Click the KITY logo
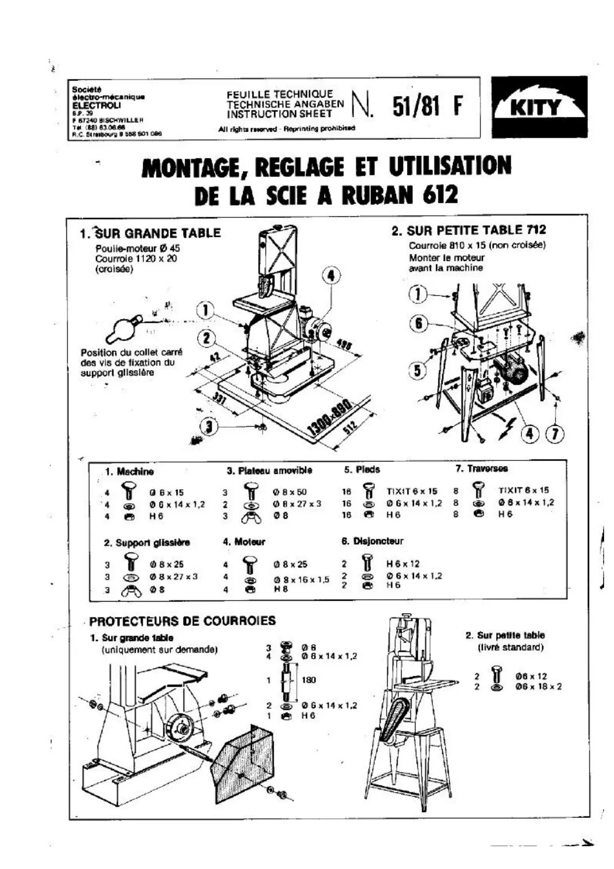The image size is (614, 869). [x=539, y=106]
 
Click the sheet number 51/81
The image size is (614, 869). [x=416, y=105]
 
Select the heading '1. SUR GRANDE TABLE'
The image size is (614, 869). [x=151, y=233]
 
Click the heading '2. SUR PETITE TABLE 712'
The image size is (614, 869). [x=468, y=230]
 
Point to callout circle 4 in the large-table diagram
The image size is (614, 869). [x=331, y=275]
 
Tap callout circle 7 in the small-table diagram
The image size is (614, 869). [x=555, y=434]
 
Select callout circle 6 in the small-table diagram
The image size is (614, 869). [x=418, y=323]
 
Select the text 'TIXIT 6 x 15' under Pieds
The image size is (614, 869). [x=412, y=491]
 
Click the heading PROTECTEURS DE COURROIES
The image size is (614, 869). [x=182, y=621]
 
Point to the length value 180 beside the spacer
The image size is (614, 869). [x=308, y=680]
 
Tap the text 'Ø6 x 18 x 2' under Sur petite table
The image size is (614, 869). [x=538, y=687]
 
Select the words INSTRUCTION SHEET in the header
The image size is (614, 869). [x=280, y=114]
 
